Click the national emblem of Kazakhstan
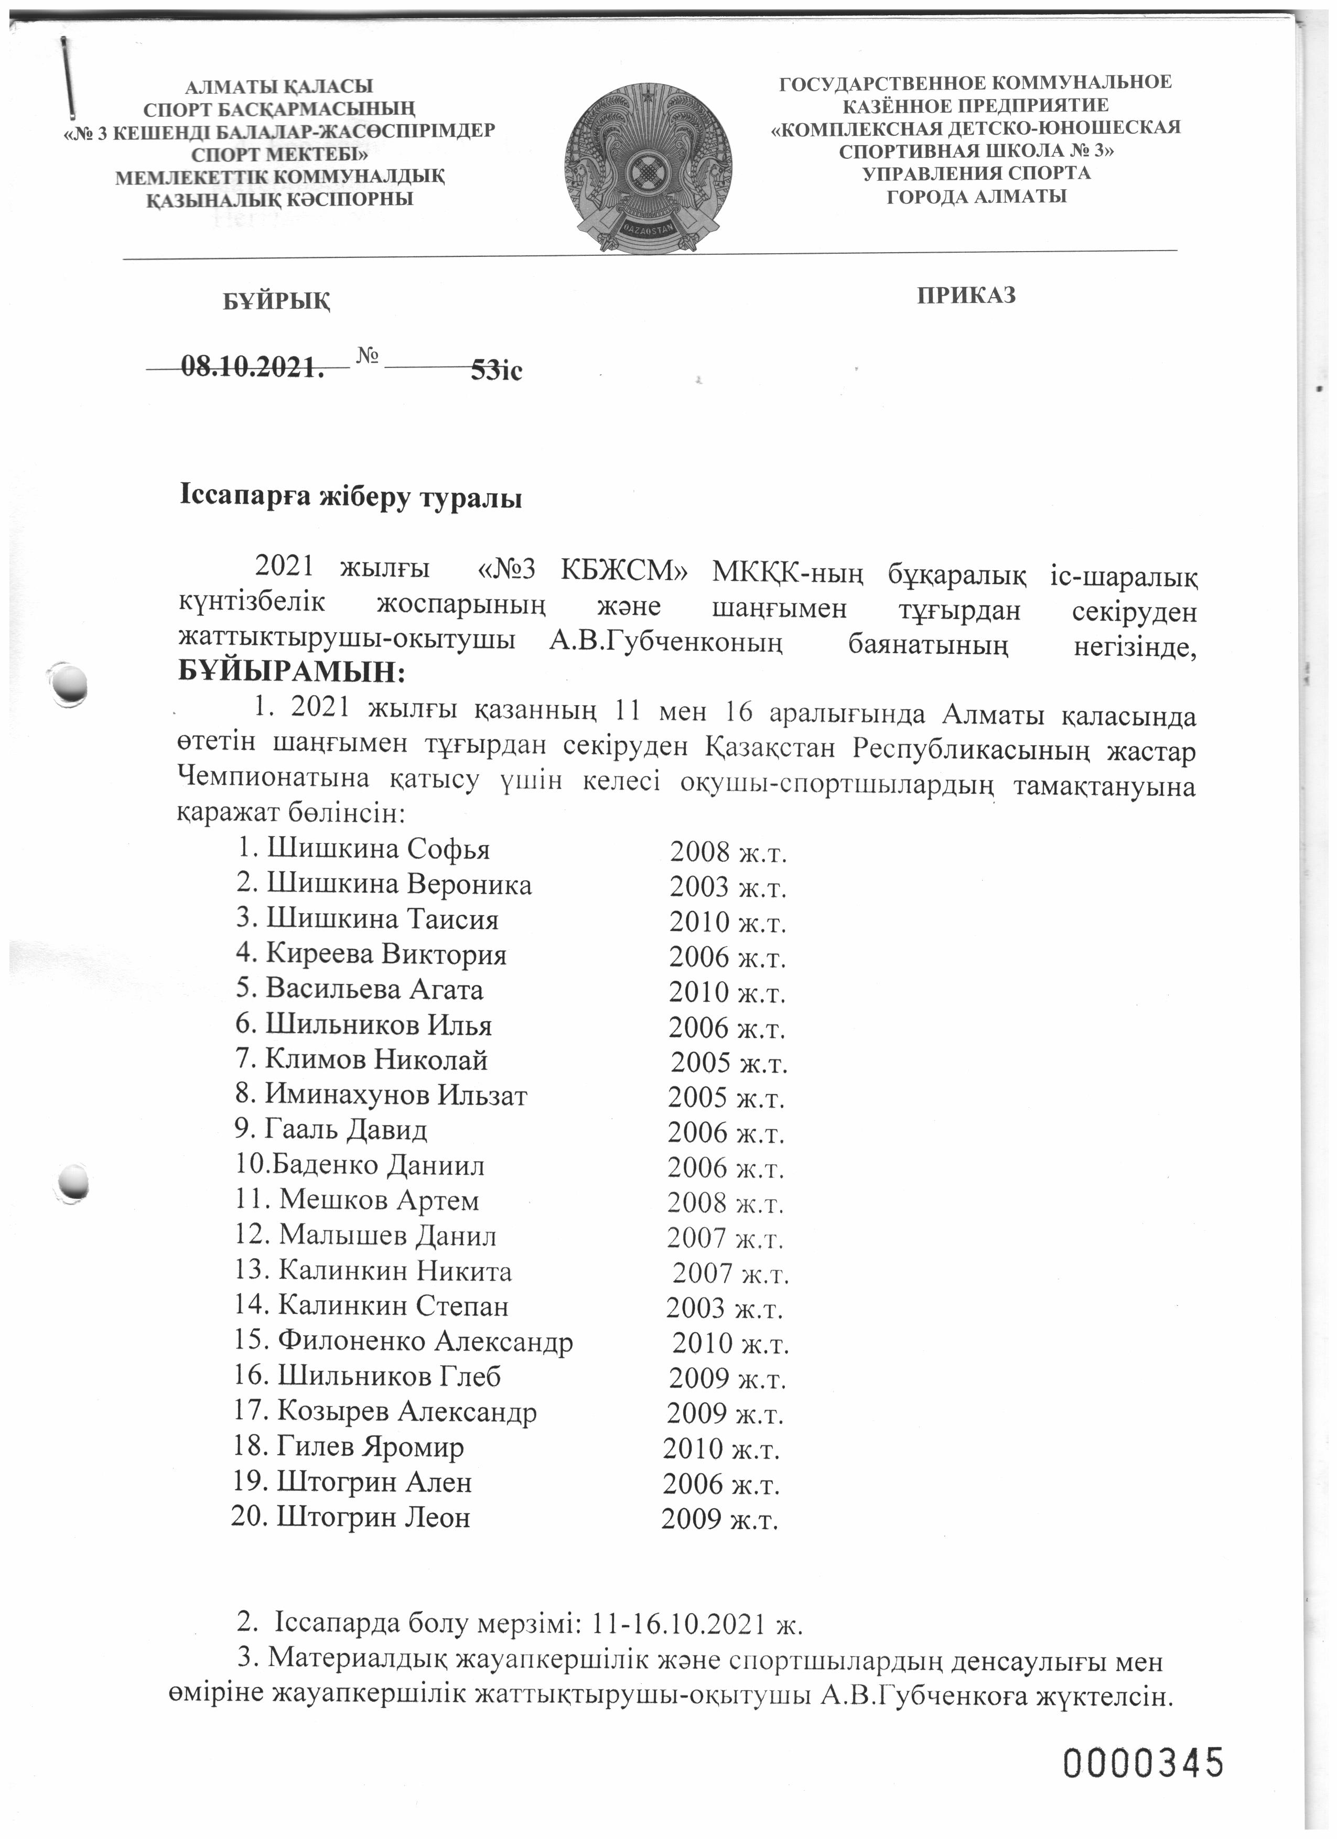click(648, 170)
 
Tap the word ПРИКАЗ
click(966, 295)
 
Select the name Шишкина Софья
click(378, 849)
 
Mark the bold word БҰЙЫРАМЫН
click(291, 672)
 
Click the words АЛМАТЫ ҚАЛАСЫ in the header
click(279, 86)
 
